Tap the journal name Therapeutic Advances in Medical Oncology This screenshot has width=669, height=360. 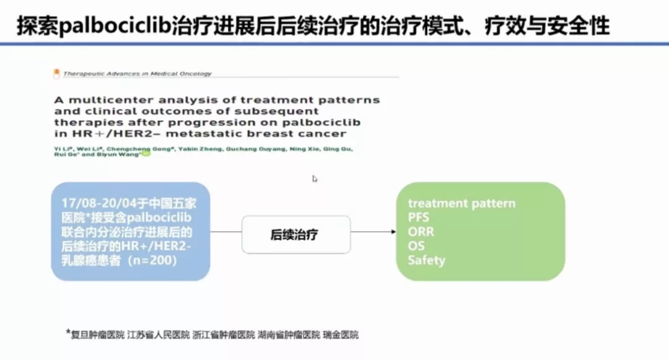[137, 74]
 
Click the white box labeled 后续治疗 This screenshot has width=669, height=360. [296, 234]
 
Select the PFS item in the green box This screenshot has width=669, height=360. [418, 217]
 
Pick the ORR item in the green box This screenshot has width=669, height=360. [421, 232]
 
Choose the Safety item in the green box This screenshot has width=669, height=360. [426, 260]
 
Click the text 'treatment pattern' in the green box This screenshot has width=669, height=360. [461, 203]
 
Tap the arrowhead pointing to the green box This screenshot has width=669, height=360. [392, 232]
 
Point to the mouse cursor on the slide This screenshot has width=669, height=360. [315, 179]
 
